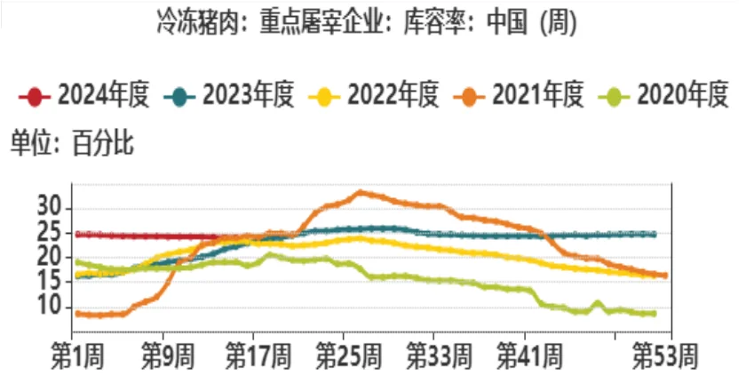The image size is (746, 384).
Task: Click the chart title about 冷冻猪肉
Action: [367, 22]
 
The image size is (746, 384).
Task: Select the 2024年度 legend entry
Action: [84, 95]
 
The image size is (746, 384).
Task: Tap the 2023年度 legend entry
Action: [229, 95]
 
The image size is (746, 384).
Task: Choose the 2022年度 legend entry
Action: [374, 95]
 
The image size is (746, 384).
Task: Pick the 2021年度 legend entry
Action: [518, 95]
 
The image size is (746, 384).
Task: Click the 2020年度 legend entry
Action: [663, 95]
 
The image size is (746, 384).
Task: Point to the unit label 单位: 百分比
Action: [72, 143]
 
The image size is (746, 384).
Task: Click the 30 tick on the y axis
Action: [49, 208]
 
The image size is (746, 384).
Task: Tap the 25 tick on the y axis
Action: [49, 233]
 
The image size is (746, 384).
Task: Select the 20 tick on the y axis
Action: [49, 258]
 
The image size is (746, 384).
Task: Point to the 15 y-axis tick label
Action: [49, 282]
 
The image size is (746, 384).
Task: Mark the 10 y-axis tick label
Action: [49, 307]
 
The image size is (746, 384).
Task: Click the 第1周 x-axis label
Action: [77, 356]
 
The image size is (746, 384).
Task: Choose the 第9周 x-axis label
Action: [168, 356]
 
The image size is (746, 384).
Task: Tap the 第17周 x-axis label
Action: [258, 356]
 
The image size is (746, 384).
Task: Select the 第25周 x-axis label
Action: [349, 356]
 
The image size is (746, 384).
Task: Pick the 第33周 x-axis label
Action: [439, 356]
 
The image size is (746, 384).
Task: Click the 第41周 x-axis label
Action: [529, 356]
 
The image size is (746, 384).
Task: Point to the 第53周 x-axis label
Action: [664, 356]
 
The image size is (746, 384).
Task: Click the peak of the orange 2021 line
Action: [361, 193]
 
